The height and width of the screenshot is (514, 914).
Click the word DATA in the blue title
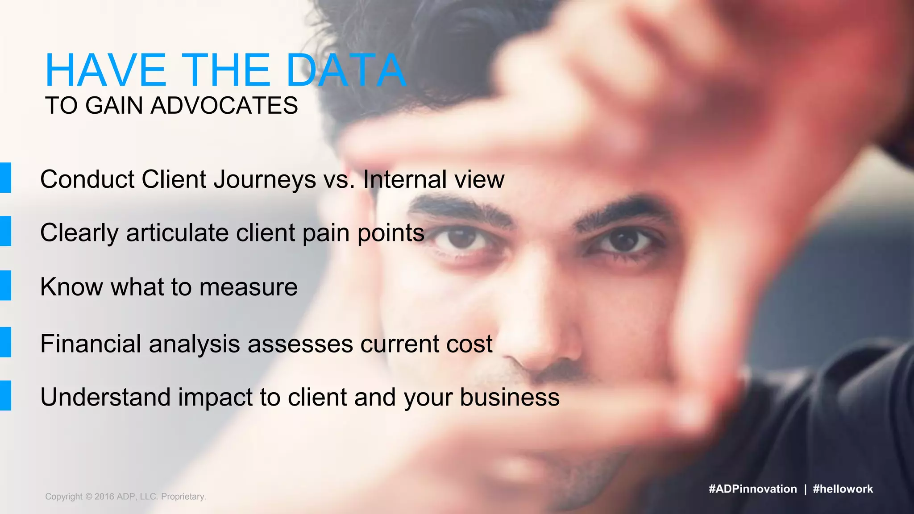coord(346,70)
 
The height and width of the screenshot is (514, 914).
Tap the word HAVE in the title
coord(106,70)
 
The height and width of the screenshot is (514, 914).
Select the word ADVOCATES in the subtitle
coord(224,106)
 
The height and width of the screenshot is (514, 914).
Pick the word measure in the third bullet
coord(249,287)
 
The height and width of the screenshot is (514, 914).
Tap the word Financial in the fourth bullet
coord(91,344)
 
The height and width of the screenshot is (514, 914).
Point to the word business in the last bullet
coord(510,397)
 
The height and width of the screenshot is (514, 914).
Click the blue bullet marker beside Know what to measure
coord(5,286)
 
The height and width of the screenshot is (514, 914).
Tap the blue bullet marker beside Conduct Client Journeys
coord(5,178)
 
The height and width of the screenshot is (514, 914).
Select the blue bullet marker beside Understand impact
coord(5,395)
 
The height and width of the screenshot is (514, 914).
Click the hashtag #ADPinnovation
coord(752,489)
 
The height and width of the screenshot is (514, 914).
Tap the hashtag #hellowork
coord(843,489)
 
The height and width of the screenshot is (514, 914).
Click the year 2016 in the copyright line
coord(104,497)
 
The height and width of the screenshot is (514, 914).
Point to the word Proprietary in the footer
coord(183,497)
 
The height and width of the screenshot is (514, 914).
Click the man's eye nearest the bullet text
coord(462,240)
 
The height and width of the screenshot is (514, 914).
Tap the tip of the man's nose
coord(542,357)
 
